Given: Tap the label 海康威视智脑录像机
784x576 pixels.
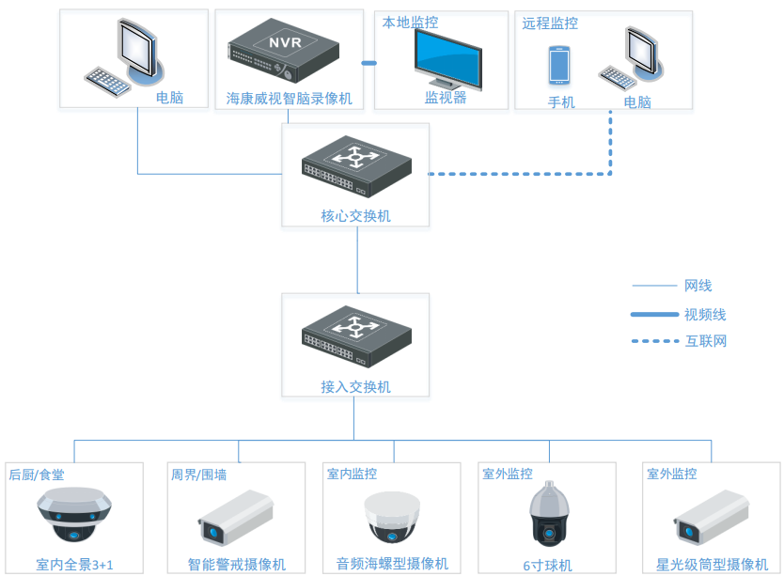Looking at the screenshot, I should (290, 98).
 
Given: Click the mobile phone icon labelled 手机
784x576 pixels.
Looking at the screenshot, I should (560, 66).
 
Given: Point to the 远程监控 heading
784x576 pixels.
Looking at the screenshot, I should (550, 23).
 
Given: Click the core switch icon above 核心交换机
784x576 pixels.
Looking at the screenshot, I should (355, 166).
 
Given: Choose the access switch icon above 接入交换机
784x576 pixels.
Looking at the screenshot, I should (355, 337).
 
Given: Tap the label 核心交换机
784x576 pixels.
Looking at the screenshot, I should (355, 216).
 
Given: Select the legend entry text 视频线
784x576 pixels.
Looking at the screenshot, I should (705, 315).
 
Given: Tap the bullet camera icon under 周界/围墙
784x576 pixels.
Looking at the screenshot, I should (236, 518).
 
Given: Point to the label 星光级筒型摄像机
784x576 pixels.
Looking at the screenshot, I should (712, 565).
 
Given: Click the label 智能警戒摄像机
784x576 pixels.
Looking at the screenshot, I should (237, 565).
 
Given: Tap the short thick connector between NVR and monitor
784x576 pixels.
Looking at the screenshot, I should (368, 64).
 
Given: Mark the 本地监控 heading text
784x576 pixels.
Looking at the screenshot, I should (410, 22).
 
